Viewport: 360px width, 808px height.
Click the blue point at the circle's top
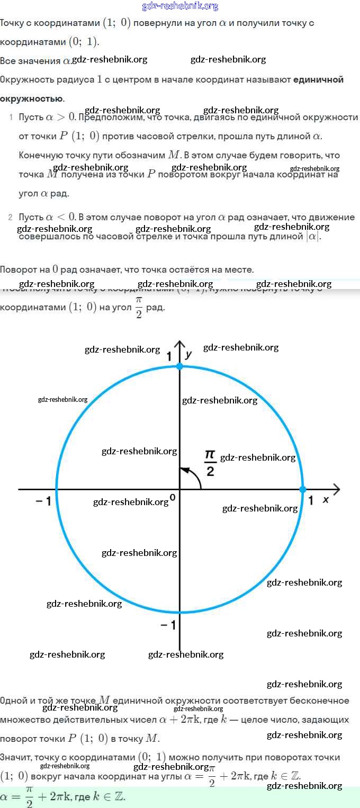(179, 366)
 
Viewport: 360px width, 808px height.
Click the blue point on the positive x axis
(303, 489)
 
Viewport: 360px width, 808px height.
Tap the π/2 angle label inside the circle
(210, 462)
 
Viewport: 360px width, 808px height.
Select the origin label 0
(172, 498)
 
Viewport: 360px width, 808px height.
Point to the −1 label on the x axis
(43, 501)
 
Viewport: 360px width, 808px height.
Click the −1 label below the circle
(168, 625)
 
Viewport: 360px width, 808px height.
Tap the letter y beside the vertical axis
(188, 355)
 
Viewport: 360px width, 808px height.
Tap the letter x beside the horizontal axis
(326, 499)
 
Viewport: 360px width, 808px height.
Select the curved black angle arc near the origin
(195, 477)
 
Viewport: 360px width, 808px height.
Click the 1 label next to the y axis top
(169, 357)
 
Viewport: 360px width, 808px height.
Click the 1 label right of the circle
(311, 500)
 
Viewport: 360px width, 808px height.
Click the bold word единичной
(318, 79)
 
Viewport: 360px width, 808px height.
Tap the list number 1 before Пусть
(11, 116)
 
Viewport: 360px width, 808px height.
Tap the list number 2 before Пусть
(11, 217)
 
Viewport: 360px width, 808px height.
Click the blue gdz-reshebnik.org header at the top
(180, 6)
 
